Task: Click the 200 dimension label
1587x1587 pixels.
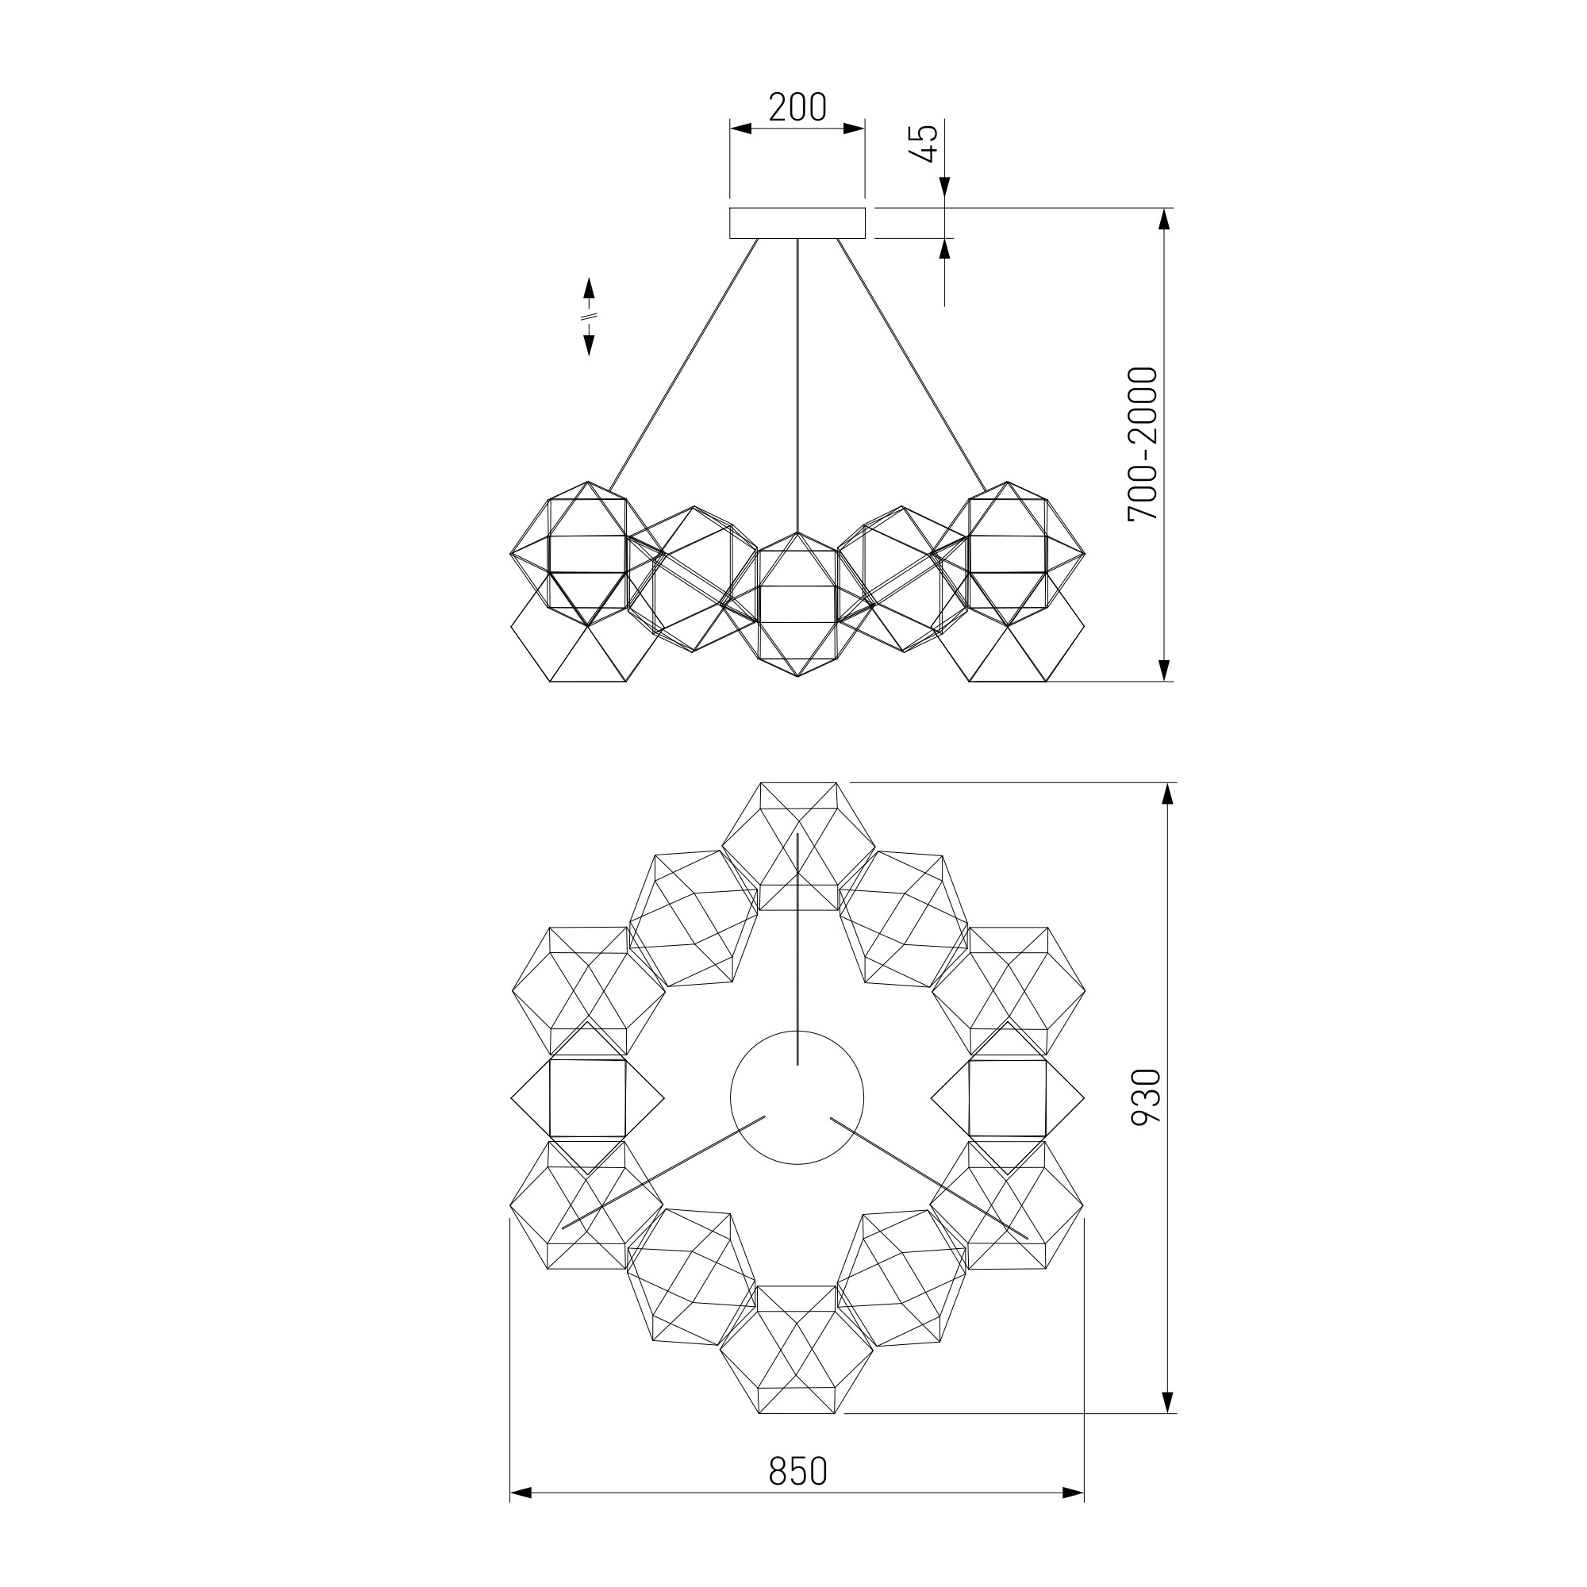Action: pyautogui.click(x=797, y=108)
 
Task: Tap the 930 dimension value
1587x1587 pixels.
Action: pyautogui.click(x=1146, y=1097)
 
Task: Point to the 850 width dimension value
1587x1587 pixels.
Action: pyautogui.click(x=797, y=1470)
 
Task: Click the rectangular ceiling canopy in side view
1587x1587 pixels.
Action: pyautogui.click(x=797, y=223)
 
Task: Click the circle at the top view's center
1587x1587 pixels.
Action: pyautogui.click(x=797, y=1097)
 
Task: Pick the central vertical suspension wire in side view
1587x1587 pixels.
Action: pyautogui.click(x=797, y=386)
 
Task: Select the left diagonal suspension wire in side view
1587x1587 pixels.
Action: pyautogui.click(x=682, y=366)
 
